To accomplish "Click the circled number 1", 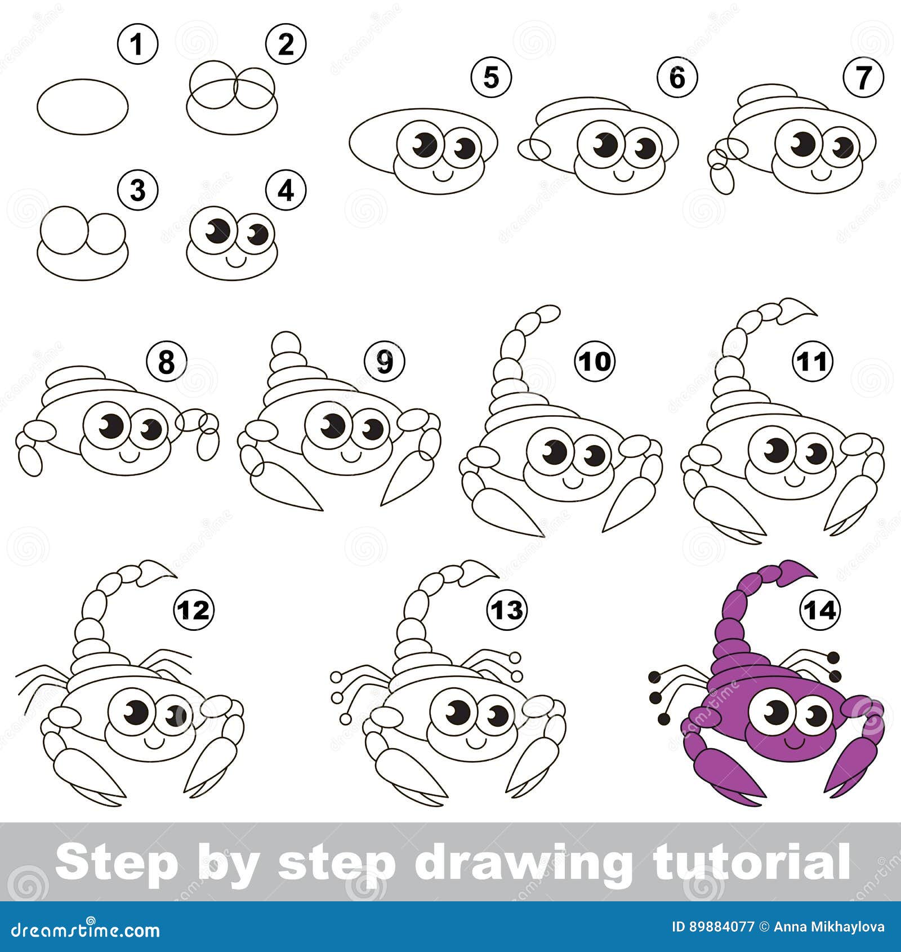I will pos(137,44).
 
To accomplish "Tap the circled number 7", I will pos(864,77).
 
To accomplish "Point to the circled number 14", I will pos(820,610).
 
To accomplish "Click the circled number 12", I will pos(194,610).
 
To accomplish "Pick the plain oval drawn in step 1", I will pos(83,106).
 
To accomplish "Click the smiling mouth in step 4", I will pos(235,261).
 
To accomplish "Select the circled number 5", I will pos(491,77).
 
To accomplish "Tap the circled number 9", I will pos(384,361).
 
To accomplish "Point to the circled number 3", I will pos(137,190).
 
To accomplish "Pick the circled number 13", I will pos(507,610).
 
